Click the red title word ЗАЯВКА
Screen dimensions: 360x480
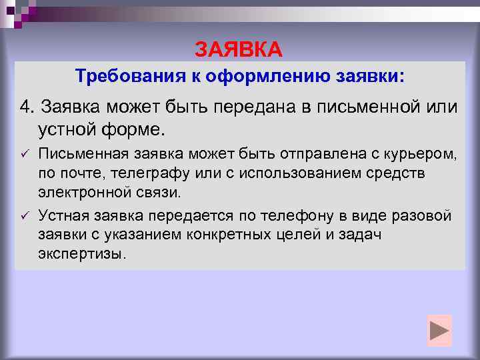pos(239,49)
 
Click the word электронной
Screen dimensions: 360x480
pos(81,192)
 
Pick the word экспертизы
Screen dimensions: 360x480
pos(81,254)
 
